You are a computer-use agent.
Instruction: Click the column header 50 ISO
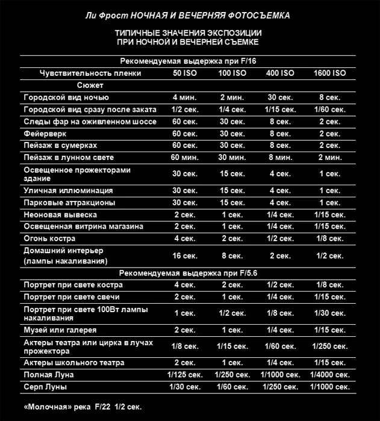185,73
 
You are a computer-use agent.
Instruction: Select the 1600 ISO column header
330,73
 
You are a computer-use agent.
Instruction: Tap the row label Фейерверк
45,134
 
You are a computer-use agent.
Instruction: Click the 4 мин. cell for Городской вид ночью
185,97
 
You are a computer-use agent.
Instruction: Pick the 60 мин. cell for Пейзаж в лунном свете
185,158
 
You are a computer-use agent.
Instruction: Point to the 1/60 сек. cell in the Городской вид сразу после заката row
330,109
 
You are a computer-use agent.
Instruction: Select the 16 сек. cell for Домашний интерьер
185,256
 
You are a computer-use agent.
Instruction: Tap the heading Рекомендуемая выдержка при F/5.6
188,272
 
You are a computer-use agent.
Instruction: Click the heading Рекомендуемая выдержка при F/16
188,61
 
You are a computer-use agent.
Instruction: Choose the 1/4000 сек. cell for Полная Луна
330,375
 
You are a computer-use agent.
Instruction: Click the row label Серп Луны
45,387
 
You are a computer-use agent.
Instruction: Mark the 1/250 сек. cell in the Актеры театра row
330,346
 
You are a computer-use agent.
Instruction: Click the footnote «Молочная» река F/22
83,407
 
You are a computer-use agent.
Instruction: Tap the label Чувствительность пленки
91,73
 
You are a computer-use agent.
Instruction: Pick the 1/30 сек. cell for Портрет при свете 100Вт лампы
330,313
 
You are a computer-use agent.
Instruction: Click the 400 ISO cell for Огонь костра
280,239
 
